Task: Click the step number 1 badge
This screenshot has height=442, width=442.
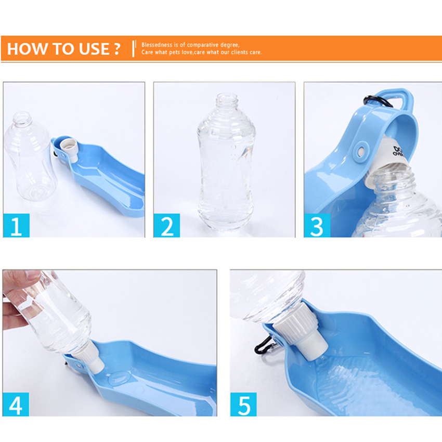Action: [x=17, y=225]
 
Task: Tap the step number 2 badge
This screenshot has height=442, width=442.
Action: [x=167, y=225]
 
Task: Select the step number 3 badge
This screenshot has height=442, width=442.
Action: [x=317, y=225]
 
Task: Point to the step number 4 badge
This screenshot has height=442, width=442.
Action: [x=16, y=404]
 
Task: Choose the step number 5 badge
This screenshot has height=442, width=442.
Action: [x=243, y=404]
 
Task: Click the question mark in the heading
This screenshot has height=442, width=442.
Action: [x=117, y=49]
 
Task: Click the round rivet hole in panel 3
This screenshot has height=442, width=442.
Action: [x=359, y=152]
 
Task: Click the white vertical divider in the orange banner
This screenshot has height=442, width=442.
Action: [x=134, y=48]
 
